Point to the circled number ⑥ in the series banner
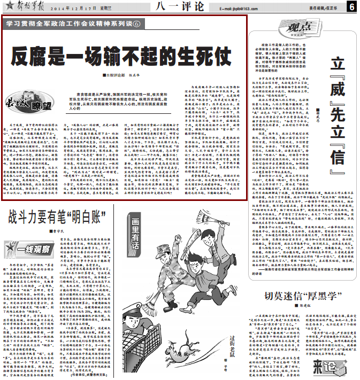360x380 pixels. pos(136,25)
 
